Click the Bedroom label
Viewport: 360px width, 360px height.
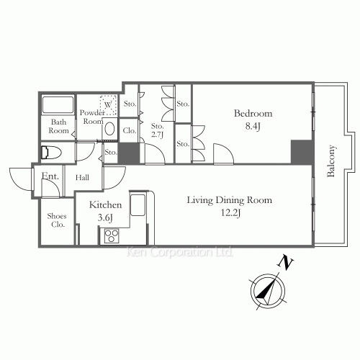pyautogui.click(x=253, y=113)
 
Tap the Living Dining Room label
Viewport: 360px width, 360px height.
pyautogui.click(x=230, y=200)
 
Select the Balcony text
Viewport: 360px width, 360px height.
pyautogui.click(x=331, y=161)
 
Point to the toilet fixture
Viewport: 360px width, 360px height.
pyautogui.click(x=51, y=152)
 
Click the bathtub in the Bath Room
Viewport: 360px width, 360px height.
pyautogui.click(x=58, y=104)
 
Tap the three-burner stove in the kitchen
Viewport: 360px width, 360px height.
pyautogui.click(x=112, y=235)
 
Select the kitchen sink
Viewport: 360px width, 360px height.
pyautogui.click(x=138, y=204)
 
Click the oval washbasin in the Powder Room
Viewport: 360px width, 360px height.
pyautogui.click(x=110, y=129)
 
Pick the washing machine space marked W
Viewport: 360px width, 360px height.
pyautogui.click(x=108, y=105)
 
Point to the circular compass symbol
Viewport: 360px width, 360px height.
pyautogui.click(x=268, y=291)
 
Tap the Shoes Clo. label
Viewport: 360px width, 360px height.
pyautogui.click(x=57, y=220)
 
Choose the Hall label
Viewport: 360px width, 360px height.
pyautogui.click(x=82, y=178)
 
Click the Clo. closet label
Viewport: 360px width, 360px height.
pyautogui.click(x=130, y=130)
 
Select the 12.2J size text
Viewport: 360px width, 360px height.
pyautogui.click(x=230, y=212)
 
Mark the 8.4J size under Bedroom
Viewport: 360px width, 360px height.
pyautogui.click(x=253, y=126)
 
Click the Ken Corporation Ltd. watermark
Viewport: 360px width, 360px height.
pyautogui.click(x=180, y=252)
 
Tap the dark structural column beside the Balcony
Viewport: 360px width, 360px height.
pyautogui.click(x=302, y=152)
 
